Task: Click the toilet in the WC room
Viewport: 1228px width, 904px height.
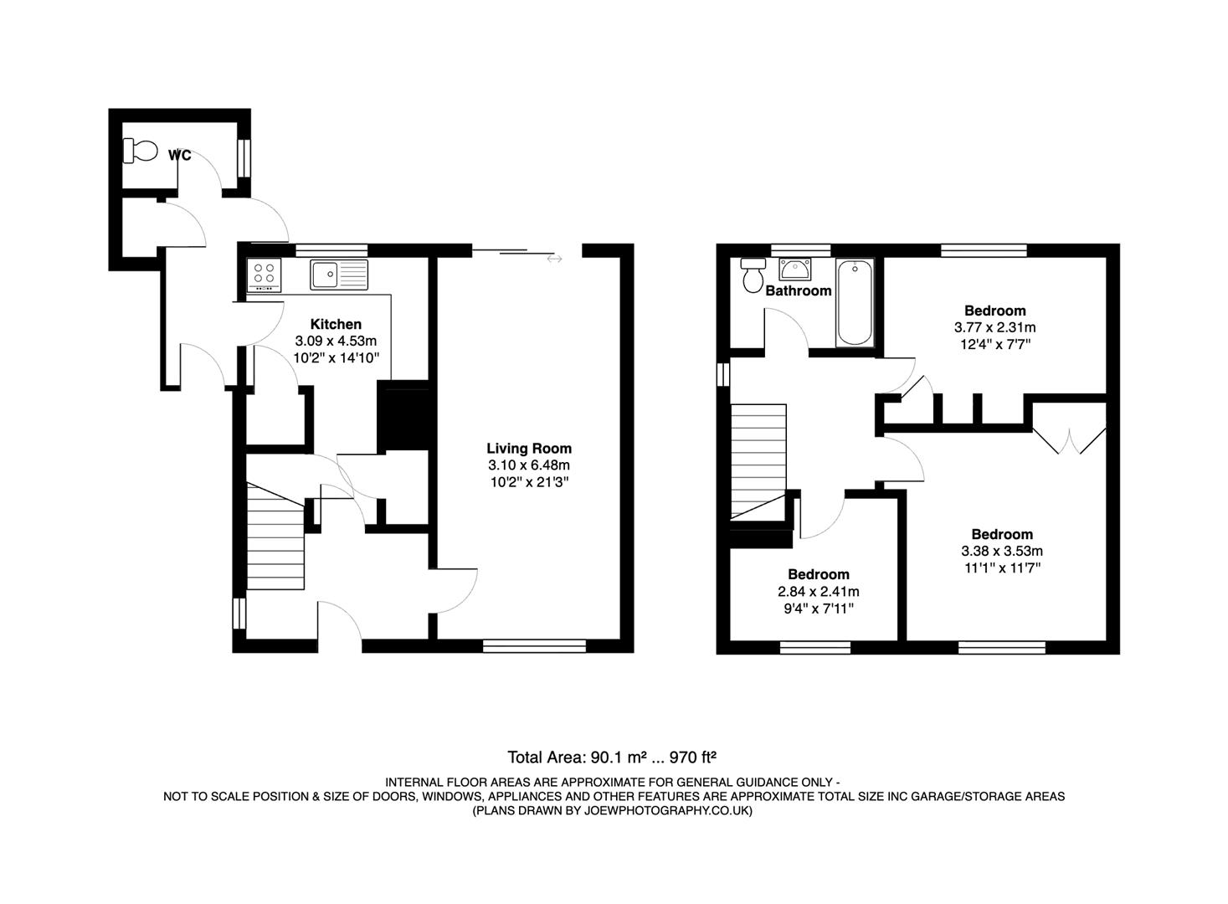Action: coord(141,151)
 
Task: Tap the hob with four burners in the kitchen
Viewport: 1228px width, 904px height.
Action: coord(265,274)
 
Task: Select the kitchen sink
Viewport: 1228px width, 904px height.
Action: coord(339,274)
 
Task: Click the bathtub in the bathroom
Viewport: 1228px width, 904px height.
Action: coord(855,302)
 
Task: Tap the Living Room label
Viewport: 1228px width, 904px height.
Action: coord(529,449)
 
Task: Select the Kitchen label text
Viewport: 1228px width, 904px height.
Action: coord(336,324)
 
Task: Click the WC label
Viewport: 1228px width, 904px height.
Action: coord(179,155)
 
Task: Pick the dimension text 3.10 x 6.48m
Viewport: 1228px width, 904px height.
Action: coord(529,465)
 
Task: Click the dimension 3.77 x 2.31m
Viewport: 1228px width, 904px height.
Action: coord(994,327)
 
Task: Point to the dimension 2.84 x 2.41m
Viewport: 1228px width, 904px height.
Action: coord(818,591)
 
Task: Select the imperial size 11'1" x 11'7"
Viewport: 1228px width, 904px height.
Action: coord(1002,568)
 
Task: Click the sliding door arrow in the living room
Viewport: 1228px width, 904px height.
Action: coord(554,259)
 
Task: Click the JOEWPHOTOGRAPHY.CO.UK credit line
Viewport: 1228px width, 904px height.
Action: coord(613,811)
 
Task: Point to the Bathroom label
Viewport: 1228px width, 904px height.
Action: coord(799,290)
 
